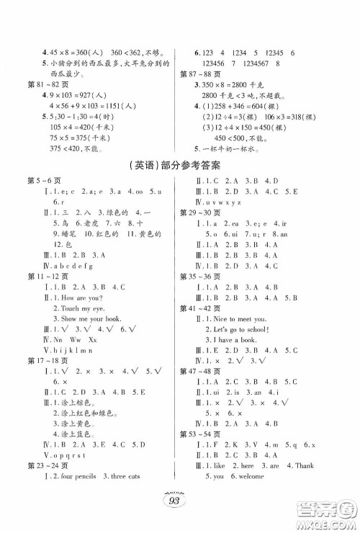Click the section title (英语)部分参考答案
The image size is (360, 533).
tap(179, 165)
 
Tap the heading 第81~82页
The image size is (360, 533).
tap(40, 85)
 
